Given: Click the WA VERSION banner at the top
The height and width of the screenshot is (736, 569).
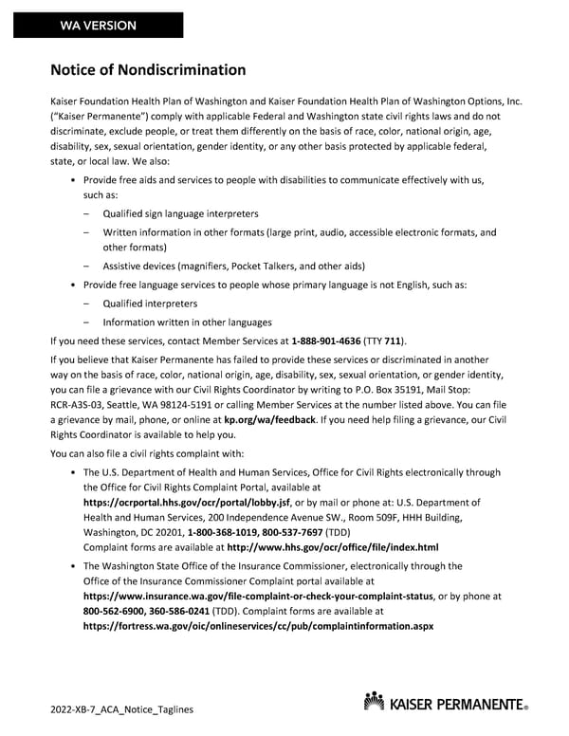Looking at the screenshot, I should (99, 26).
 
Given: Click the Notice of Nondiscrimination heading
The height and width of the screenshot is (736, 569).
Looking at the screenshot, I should (148, 70).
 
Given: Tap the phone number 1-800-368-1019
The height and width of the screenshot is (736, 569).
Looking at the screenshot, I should (228, 533).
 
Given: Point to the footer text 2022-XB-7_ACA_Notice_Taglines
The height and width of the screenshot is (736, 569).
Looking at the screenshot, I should (123, 710).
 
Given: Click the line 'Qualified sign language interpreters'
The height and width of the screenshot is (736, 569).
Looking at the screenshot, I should (180, 214).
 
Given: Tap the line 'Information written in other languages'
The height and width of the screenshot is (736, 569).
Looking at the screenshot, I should (187, 322).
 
